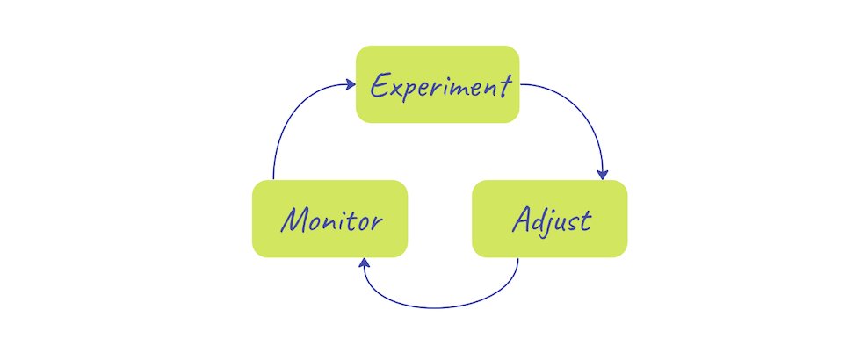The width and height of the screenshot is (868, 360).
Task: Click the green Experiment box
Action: [x=438, y=84]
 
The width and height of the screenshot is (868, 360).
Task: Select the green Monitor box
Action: [x=330, y=219]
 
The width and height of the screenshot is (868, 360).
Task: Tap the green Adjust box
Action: [x=550, y=219]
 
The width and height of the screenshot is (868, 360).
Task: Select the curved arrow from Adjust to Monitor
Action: [x=438, y=307]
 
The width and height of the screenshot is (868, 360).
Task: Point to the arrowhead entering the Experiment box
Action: [x=351, y=84]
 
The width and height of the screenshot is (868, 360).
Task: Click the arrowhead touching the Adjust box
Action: [x=603, y=175]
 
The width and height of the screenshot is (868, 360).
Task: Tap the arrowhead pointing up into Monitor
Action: [x=365, y=263]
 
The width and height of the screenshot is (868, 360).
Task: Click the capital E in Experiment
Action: [x=379, y=86]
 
